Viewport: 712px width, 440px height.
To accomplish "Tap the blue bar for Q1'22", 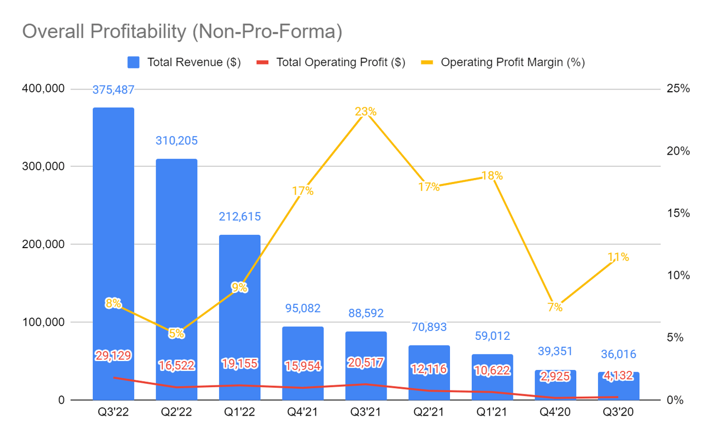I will (x=240, y=261).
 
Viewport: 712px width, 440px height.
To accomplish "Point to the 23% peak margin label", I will (x=365, y=112).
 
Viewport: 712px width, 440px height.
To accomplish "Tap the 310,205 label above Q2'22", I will (x=176, y=141).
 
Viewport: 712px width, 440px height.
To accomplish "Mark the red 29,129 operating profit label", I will (x=113, y=355).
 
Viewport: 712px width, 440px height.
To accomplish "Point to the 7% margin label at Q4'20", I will (x=555, y=307).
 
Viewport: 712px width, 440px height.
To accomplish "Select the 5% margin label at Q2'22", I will (x=176, y=334).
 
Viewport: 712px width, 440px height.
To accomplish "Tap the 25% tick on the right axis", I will (x=678, y=89).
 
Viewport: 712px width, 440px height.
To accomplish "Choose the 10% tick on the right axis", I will (x=678, y=276).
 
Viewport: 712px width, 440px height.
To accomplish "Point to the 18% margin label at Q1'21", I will (x=492, y=176).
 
